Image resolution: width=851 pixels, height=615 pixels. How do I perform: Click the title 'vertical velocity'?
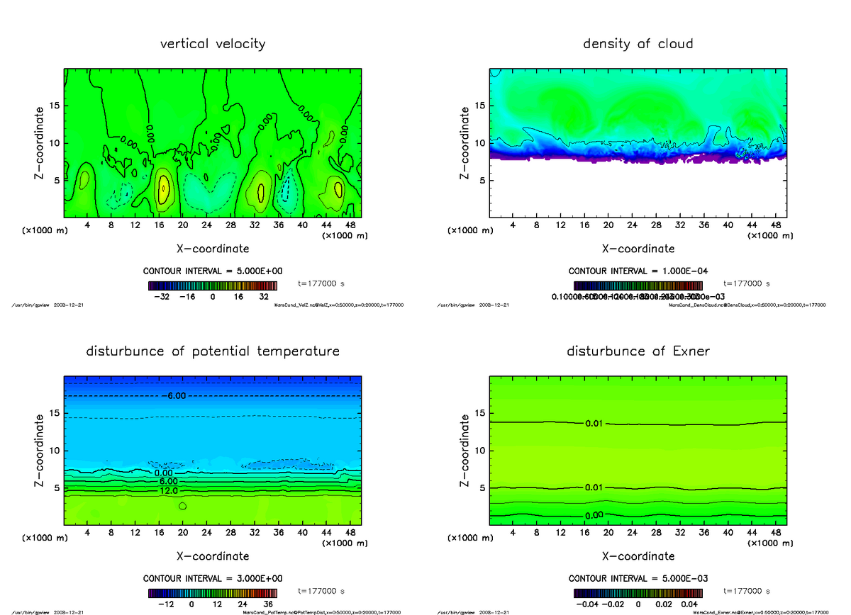(213, 44)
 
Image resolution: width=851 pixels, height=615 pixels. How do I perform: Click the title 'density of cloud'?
(638, 44)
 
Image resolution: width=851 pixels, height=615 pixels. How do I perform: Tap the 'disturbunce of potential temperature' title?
(213, 351)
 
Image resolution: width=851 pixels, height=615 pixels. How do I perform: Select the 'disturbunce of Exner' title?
(638, 351)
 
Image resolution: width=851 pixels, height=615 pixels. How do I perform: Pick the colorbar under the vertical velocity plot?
(212, 286)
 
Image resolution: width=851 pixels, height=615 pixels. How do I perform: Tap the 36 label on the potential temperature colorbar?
(268, 604)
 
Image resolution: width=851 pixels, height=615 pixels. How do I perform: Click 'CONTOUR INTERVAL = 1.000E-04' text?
(638, 271)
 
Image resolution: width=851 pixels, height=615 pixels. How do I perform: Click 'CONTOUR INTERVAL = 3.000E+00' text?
(213, 578)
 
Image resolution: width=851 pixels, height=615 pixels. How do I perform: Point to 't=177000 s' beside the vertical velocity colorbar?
(321, 283)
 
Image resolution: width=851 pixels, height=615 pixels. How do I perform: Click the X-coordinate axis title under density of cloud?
(638, 249)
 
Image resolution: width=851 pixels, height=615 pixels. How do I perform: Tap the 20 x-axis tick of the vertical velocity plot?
(183, 225)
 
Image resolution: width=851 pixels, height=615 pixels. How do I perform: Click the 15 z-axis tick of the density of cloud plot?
(480, 106)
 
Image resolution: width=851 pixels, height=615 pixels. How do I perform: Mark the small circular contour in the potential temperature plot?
(183, 506)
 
